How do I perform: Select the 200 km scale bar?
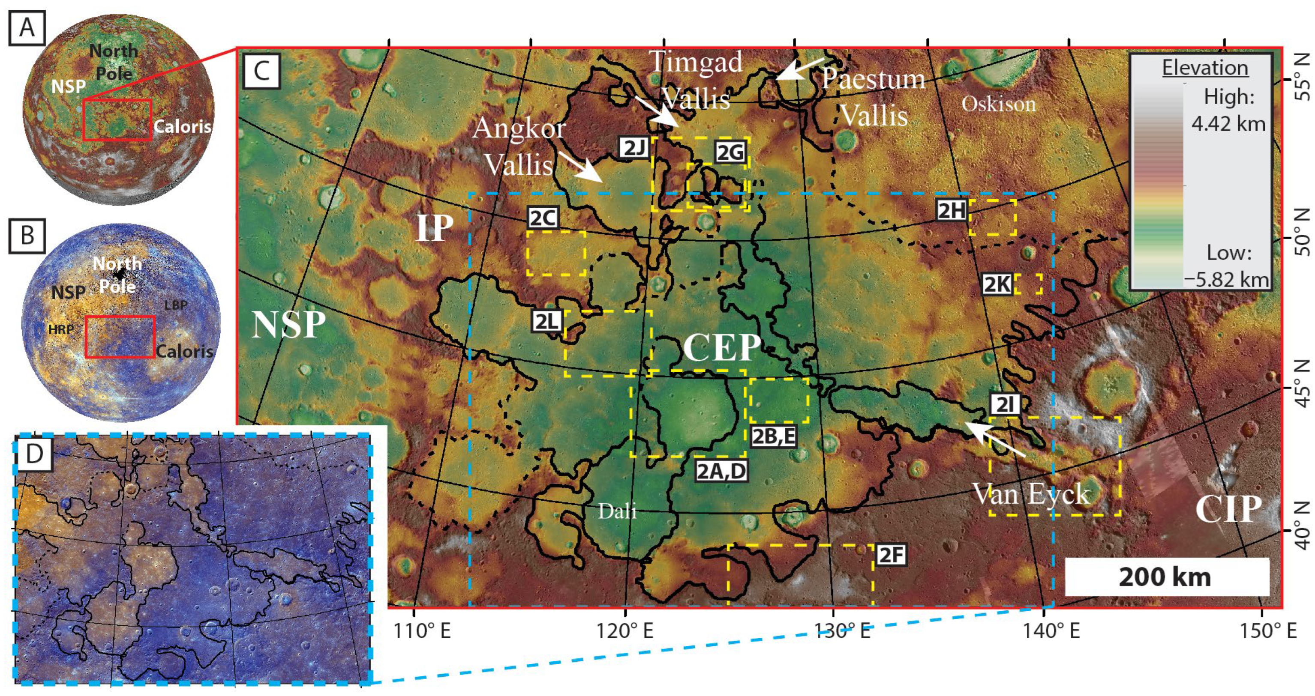coord(1166,577)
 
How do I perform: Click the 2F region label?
coord(891,555)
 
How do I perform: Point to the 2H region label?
coord(952,210)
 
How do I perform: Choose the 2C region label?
coord(543,218)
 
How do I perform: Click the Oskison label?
coord(999,104)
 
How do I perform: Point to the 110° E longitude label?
coord(422,631)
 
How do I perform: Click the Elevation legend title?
coord(1205,68)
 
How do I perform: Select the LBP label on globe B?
coord(176,305)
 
